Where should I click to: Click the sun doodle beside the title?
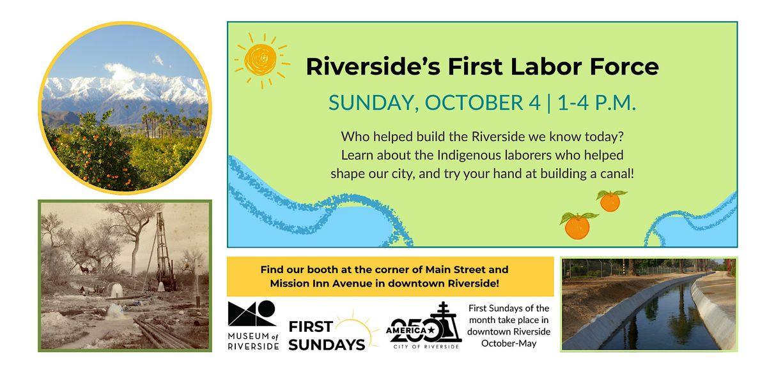coord(262,60)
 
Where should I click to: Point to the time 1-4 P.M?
coord(596,103)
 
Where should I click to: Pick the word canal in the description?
coord(617,174)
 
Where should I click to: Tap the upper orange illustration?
coord(610,200)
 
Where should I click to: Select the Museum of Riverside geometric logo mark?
coord(252,313)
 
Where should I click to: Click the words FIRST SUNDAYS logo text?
coord(327,336)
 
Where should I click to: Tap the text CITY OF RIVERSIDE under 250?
coord(426,347)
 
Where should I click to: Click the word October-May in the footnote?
coord(509,343)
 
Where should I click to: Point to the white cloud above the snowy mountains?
coord(127,73)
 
